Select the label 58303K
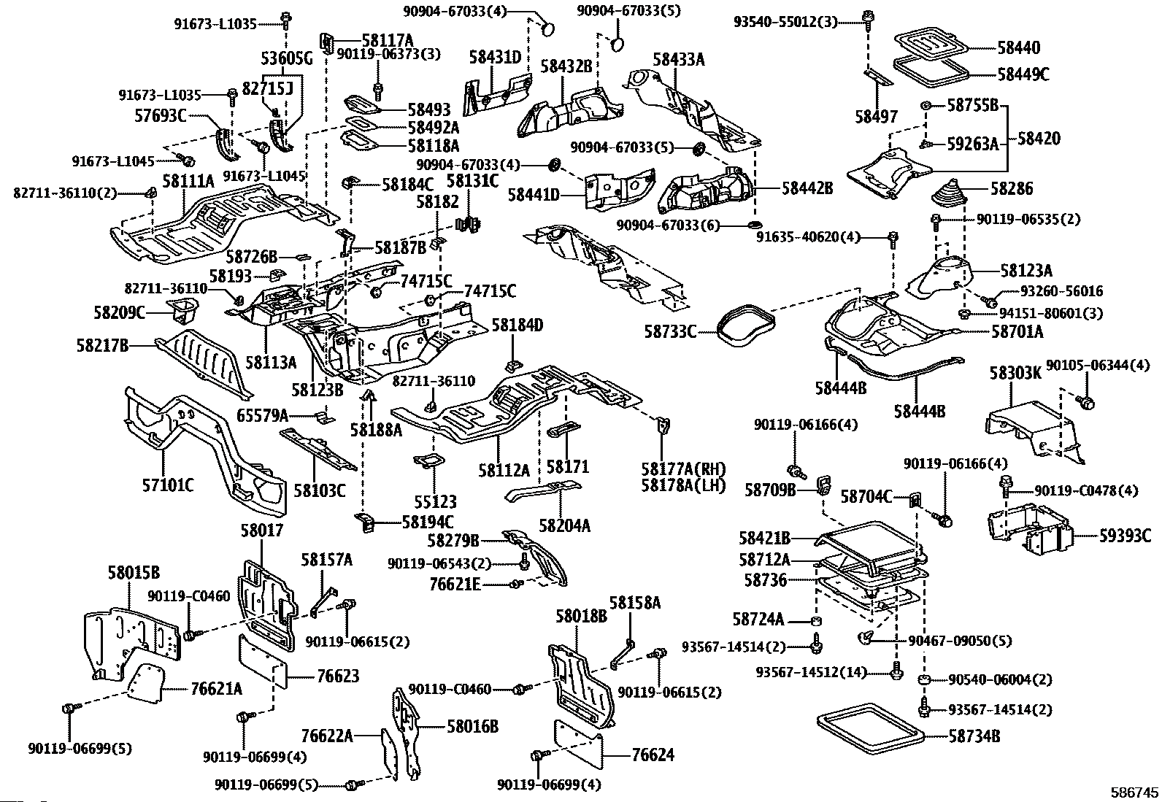pyautogui.click(x=1015, y=374)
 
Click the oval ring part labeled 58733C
pyautogui.click(x=742, y=325)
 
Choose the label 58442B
pyautogui.click(x=807, y=188)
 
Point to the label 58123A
pyautogui.click(x=1026, y=271)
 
